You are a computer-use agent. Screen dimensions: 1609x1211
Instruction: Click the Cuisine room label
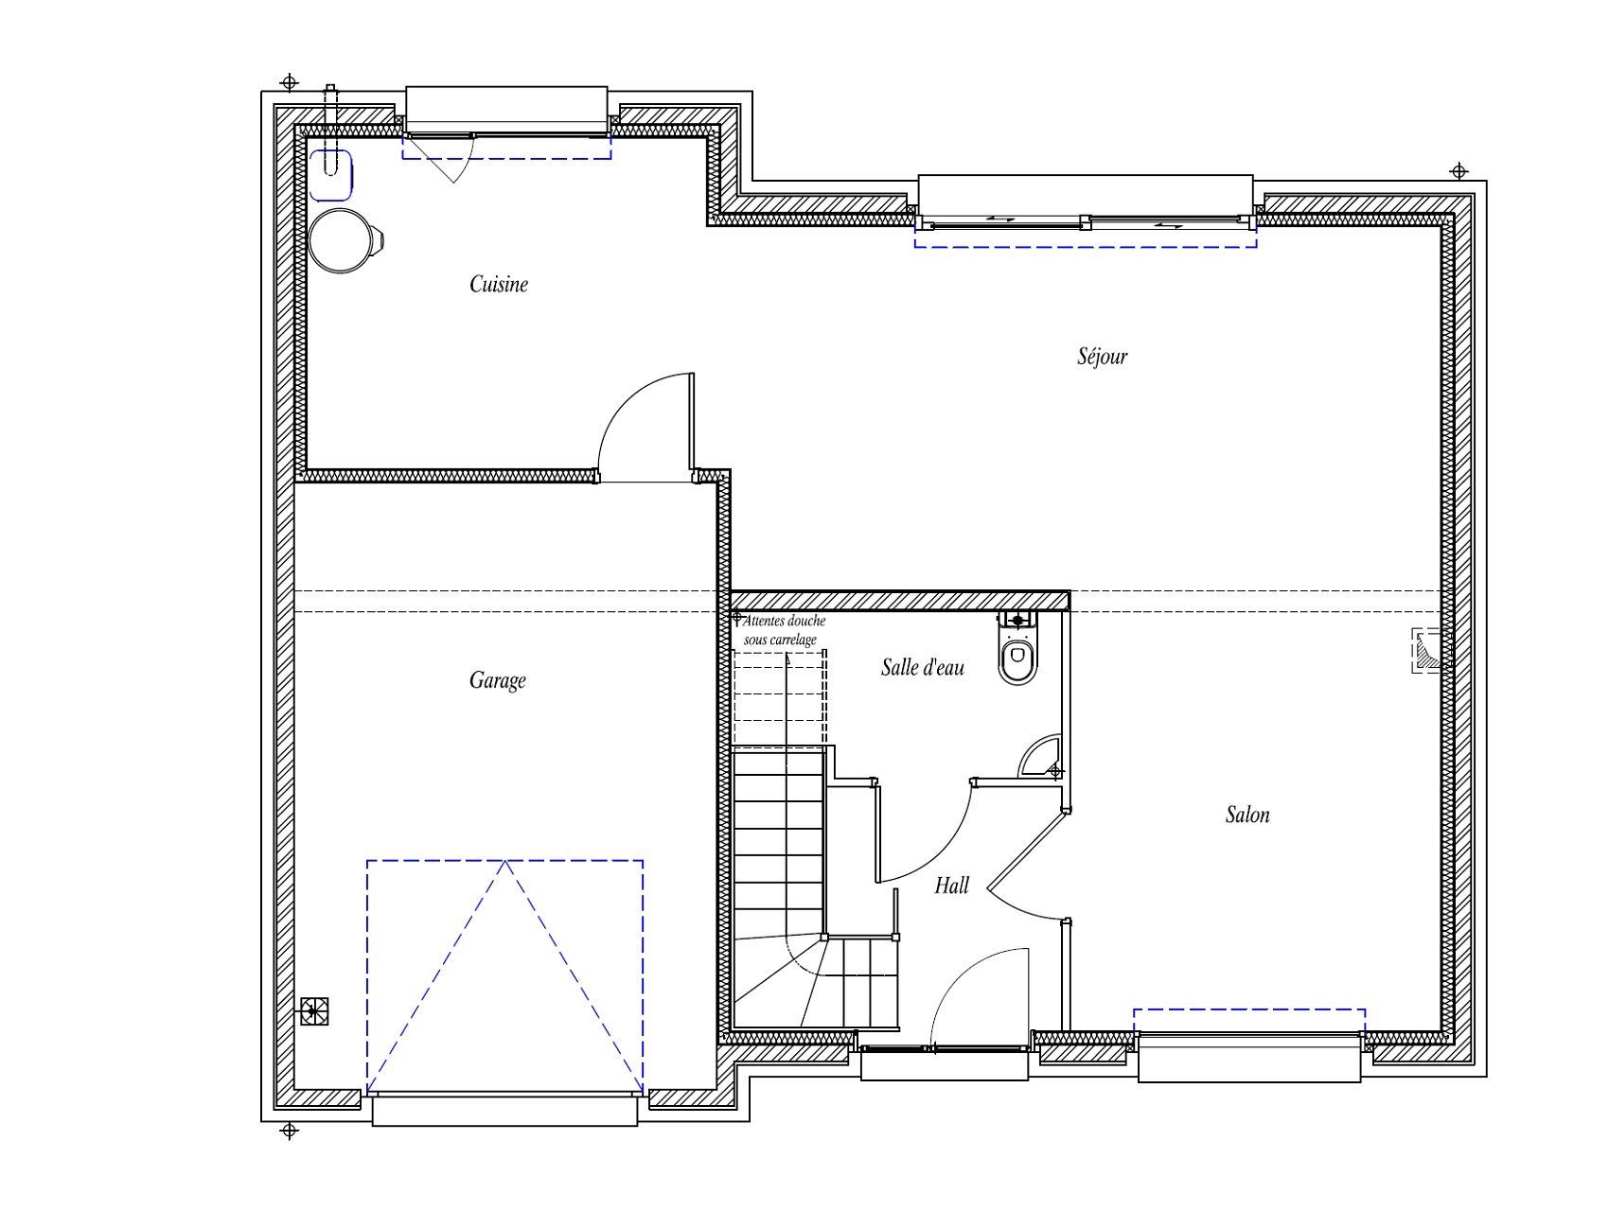(499, 284)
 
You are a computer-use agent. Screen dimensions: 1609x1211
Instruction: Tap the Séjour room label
(1103, 356)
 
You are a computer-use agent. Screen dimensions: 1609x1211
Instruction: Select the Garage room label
(498, 680)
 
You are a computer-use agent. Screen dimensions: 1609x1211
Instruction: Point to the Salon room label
(1247, 815)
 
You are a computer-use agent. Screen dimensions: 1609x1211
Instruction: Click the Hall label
(952, 886)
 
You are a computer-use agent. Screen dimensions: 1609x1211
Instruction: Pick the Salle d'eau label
(923, 667)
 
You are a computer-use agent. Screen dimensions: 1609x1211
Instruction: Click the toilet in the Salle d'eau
(1018, 647)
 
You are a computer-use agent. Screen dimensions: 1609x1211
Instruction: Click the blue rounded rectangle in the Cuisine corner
(331, 175)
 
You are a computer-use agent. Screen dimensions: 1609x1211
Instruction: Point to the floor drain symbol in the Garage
(314, 1011)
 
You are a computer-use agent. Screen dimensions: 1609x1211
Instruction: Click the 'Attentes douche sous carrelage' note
(783, 630)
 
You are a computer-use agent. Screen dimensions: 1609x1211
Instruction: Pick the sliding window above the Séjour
(1086, 223)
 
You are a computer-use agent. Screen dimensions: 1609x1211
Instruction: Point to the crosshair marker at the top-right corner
(1459, 171)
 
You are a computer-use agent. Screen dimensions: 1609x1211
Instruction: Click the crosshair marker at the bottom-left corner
(291, 1131)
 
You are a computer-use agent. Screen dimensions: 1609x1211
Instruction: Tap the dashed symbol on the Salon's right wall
(1428, 650)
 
